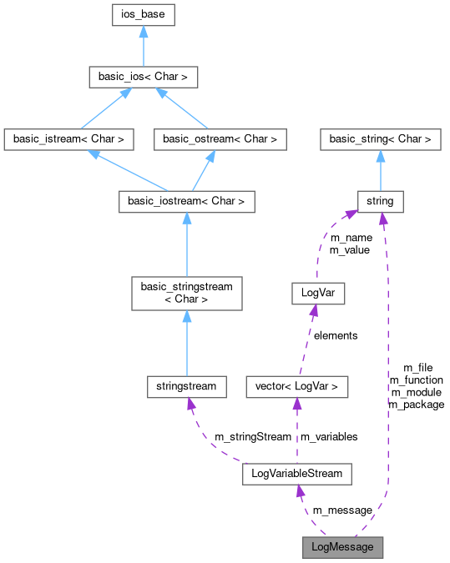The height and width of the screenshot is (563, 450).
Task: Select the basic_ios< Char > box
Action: tap(143, 78)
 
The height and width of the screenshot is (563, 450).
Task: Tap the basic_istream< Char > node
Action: tap(68, 139)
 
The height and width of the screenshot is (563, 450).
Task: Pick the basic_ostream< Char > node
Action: tap(220, 139)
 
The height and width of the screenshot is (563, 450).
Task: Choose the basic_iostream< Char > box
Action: tap(186, 202)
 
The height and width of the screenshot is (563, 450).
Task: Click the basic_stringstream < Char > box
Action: tap(186, 293)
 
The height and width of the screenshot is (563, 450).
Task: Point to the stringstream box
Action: tap(186, 385)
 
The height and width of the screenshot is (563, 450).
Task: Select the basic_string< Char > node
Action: tap(381, 139)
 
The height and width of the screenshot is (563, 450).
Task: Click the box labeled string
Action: tap(381, 202)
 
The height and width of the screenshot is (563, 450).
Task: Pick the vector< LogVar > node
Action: tap(296, 385)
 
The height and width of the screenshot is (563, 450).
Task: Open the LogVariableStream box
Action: tap(296, 474)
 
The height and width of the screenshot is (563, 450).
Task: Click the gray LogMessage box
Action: tap(343, 547)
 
